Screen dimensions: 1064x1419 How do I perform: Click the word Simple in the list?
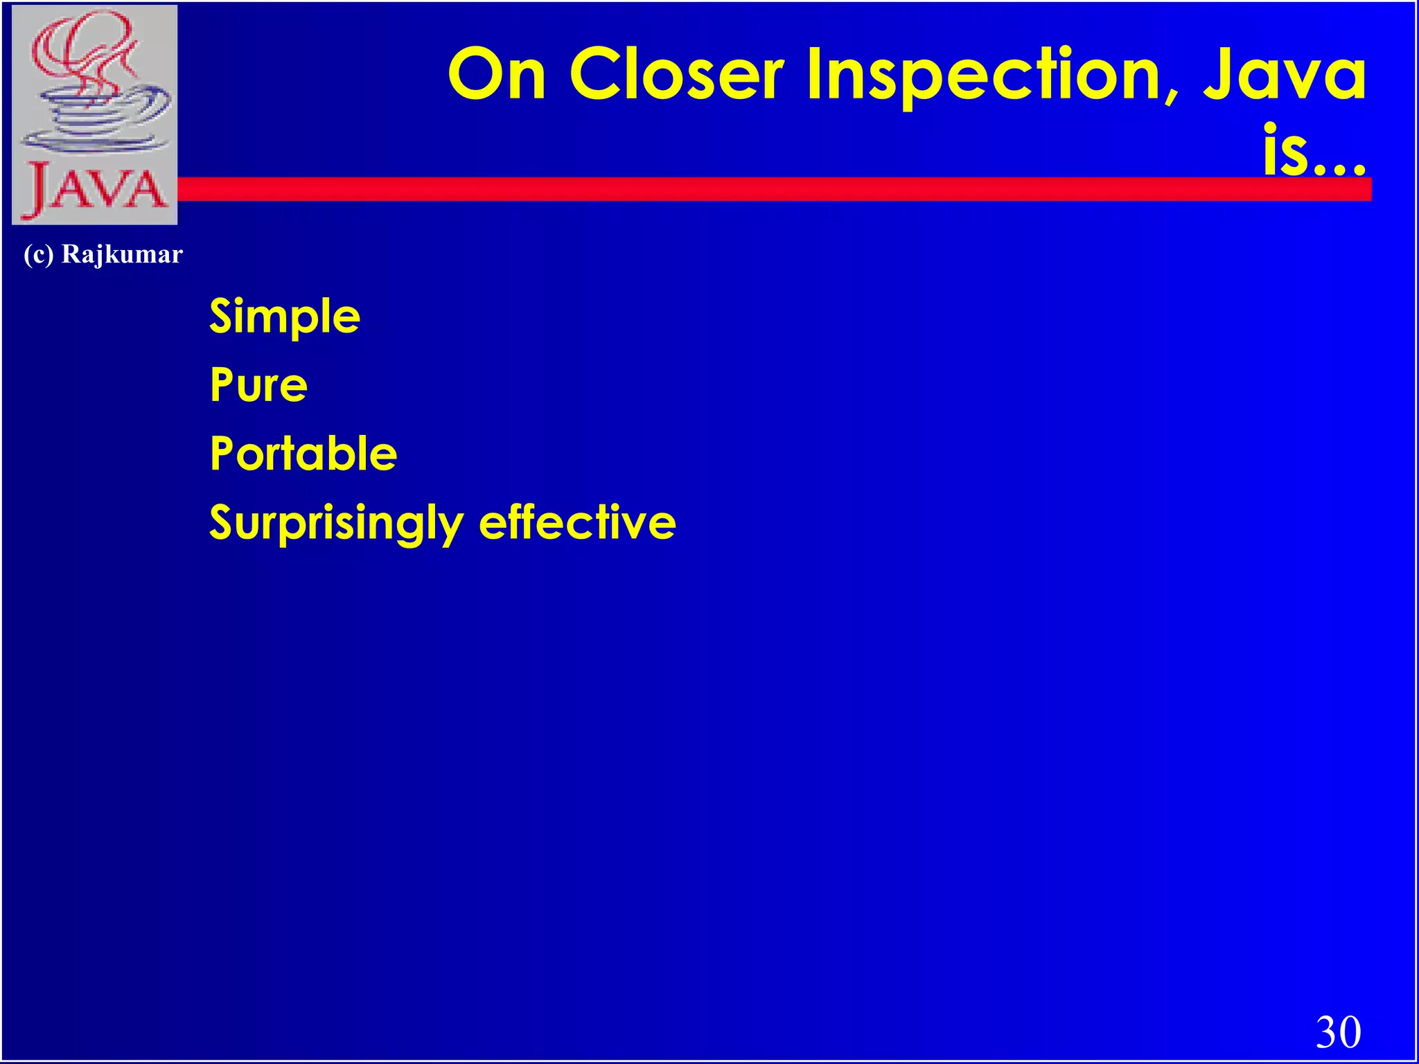click(x=285, y=317)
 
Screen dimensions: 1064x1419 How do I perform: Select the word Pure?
click(x=258, y=385)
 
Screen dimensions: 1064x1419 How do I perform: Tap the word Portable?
click(x=303, y=454)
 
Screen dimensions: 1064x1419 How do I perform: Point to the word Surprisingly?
click(x=336, y=523)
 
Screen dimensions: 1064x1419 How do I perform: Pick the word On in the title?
click(x=497, y=74)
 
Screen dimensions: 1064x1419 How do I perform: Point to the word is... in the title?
click(x=1314, y=151)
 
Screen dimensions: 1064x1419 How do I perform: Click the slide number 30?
click(x=1338, y=1031)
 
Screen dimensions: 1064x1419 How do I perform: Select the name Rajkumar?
click(x=122, y=254)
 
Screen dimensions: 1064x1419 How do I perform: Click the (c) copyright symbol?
click(x=38, y=255)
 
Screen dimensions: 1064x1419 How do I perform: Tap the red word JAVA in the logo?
click(x=95, y=188)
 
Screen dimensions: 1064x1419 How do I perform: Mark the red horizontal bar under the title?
click(x=762, y=189)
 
